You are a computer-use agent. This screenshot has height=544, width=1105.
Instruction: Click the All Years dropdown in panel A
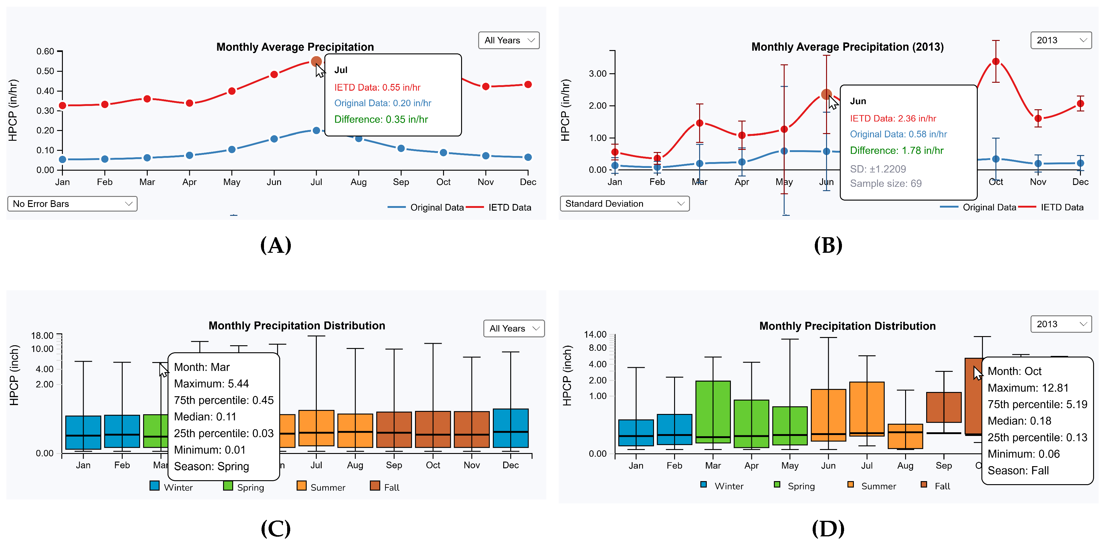tap(508, 40)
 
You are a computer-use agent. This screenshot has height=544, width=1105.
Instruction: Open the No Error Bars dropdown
tap(72, 204)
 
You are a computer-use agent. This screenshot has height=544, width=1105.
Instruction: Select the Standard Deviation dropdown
tap(624, 204)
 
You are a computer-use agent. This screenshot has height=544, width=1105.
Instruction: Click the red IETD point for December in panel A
tap(528, 85)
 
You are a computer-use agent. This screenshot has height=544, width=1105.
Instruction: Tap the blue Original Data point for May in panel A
tap(232, 149)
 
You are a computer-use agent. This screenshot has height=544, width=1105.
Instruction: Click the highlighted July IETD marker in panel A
tap(316, 62)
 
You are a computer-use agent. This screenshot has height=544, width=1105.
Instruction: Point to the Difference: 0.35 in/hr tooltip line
tap(381, 119)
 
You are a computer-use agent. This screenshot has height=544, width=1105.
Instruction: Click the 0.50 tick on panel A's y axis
tap(45, 71)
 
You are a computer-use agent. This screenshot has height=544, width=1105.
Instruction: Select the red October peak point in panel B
tap(996, 61)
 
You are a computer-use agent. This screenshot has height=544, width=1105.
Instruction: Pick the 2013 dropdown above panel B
tap(1060, 40)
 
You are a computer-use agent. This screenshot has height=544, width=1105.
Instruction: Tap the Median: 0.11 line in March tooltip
tap(205, 417)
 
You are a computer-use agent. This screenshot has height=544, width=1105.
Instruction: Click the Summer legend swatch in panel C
tap(302, 486)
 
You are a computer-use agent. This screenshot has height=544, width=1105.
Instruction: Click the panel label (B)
tap(828, 245)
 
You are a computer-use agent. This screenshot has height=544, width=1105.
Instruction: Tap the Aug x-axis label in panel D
tap(905, 466)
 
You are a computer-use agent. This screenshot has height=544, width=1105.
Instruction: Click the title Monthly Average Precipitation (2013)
tap(847, 47)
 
